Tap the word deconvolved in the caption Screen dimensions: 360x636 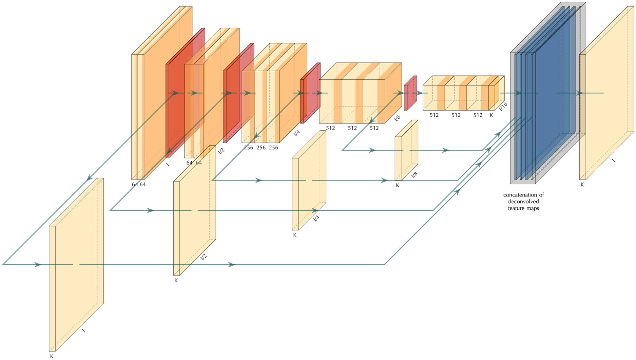coord(523,202)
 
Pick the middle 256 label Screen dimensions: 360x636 coord(261,148)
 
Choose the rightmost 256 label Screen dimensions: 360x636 coord(273,148)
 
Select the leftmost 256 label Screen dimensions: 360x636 coord(248,148)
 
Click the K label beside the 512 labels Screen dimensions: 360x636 coord(491,115)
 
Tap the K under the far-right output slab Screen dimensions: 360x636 coord(582,185)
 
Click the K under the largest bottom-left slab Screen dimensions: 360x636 coord(52,356)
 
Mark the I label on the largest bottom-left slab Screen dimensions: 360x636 coord(83,330)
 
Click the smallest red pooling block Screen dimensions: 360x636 coord(410,93)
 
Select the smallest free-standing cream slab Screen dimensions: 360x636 coord(406,150)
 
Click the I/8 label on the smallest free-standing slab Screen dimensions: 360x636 coord(414,174)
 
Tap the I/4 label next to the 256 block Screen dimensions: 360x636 coord(296,133)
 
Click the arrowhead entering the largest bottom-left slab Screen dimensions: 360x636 coord(37,265)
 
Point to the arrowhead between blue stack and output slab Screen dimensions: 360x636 coord(579,93)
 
